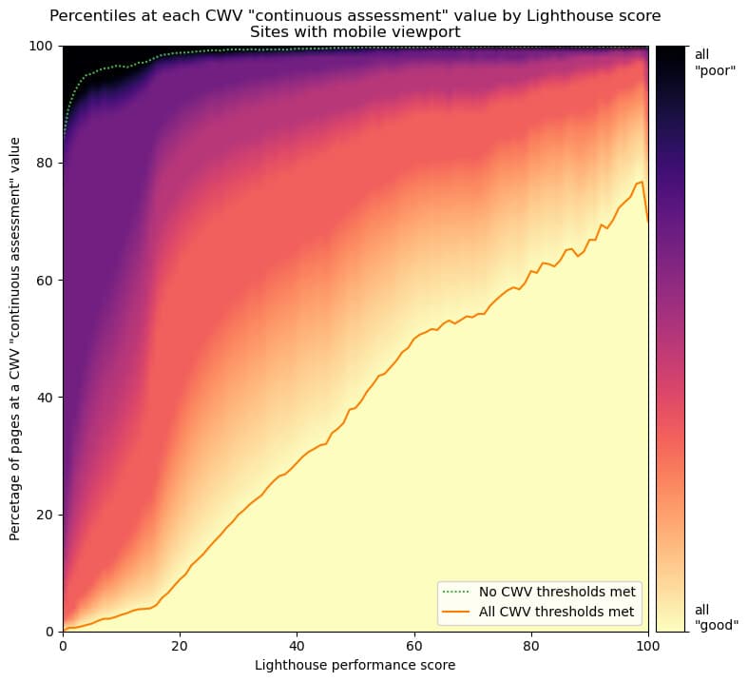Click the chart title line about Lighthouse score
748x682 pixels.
(355, 15)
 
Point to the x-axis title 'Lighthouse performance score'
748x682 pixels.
(355, 665)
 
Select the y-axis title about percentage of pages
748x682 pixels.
(16, 339)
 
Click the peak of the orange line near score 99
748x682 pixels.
(643, 182)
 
